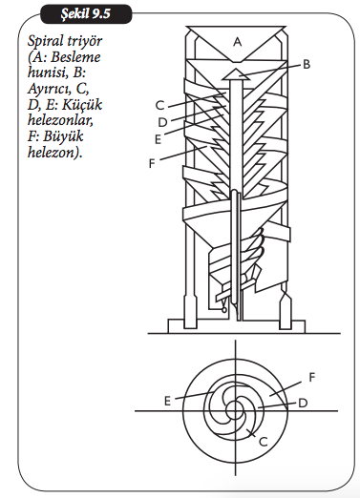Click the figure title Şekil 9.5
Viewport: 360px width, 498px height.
click(86, 14)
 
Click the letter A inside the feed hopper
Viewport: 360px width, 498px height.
click(237, 42)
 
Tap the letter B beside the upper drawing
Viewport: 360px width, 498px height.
click(307, 65)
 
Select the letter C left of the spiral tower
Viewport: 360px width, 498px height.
click(160, 105)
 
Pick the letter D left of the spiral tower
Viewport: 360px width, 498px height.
click(162, 122)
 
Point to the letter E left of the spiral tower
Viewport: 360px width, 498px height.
click(158, 139)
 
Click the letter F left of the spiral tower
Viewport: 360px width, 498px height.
click(152, 163)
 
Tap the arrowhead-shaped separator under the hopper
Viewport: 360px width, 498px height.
click(235, 74)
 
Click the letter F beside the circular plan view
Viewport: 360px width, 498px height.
click(312, 377)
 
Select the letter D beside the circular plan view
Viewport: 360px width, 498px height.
click(303, 404)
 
